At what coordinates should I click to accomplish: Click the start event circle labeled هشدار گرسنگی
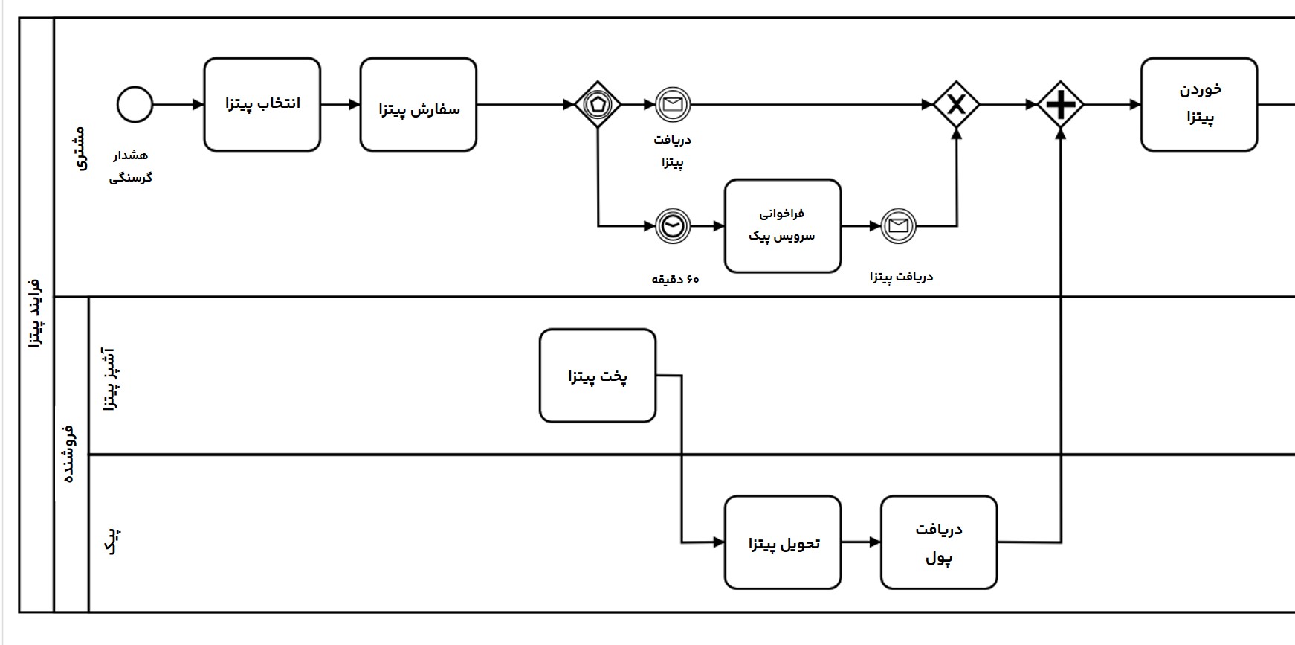135,105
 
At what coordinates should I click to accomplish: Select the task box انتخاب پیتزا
262,105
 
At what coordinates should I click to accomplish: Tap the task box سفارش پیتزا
419,105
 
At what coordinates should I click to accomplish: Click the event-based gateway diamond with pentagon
598,105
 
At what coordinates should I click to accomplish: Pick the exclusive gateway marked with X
956,105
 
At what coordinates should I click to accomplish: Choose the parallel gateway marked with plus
1060,105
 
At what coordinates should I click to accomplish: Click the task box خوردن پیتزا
1199,105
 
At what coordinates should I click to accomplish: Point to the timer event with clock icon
673,226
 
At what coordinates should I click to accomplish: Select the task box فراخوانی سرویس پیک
783,226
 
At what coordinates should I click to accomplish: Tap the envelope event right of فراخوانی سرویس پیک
898,226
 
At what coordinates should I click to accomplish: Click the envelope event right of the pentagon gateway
673,105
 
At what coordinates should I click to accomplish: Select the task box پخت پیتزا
598,376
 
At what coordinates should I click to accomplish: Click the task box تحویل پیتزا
783,543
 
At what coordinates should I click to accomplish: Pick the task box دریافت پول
939,543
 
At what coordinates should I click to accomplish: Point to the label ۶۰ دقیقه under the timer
676,280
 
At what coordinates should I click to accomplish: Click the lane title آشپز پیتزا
109,378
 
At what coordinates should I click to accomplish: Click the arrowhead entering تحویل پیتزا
719,543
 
